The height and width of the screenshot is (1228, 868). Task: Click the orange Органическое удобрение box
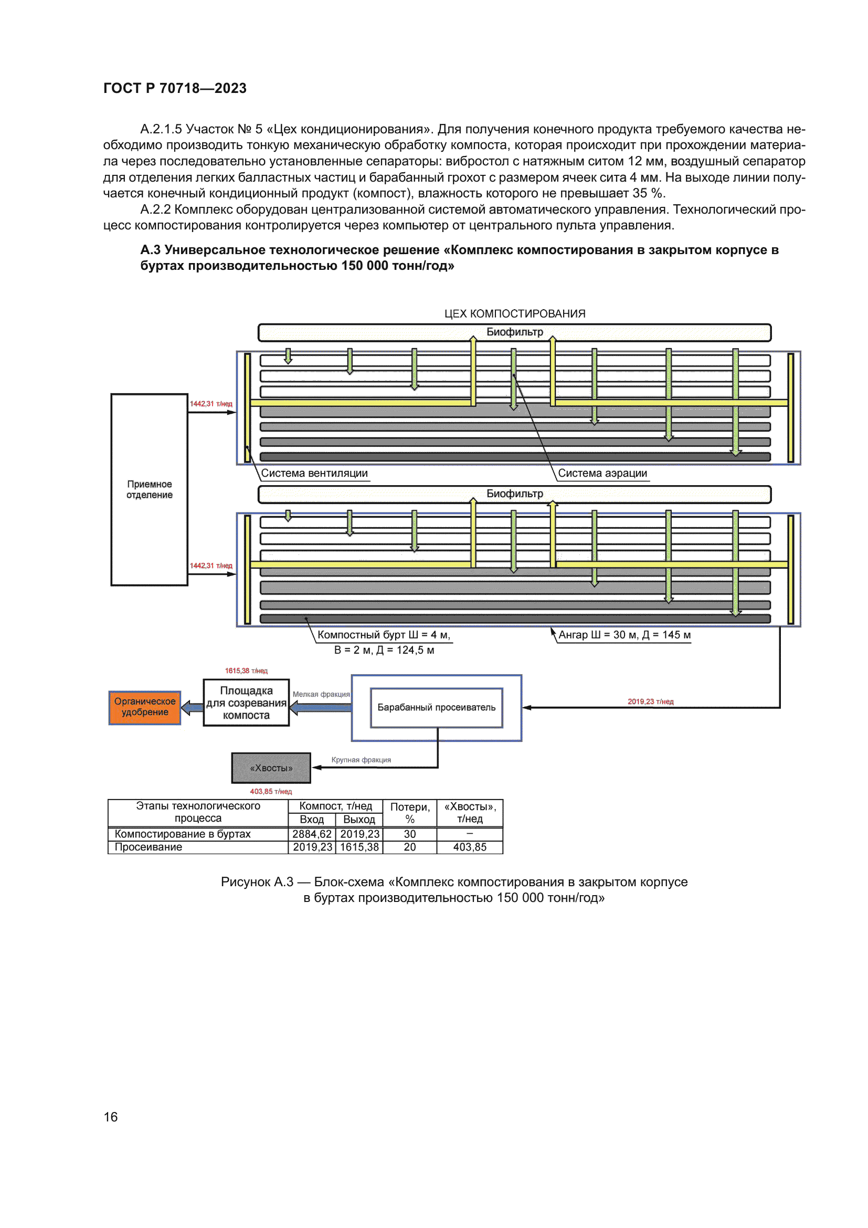coord(144,707)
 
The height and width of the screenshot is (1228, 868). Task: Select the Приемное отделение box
coord(149,489)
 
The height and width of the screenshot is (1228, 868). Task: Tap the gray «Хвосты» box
coord(271,768)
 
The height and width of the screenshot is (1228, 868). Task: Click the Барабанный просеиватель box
coord(436,707)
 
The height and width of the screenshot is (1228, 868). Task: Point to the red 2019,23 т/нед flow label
coord(650,701)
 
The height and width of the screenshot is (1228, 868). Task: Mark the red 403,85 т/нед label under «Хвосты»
coord(271,791)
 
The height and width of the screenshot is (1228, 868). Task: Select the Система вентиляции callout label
coord(314,474)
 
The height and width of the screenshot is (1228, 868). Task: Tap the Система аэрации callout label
coord(602,474)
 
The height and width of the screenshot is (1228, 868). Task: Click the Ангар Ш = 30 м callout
coord(624,635)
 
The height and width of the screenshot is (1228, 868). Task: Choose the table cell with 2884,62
coord(312,834)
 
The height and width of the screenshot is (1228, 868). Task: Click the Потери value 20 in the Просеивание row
coord(410,847)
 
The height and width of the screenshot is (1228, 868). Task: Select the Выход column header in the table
coord(359,820)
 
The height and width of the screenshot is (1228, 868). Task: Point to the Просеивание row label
coord(149,847)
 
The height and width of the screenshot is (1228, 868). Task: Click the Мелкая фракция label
coord(321,694)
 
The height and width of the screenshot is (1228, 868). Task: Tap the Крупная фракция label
coord(361,760)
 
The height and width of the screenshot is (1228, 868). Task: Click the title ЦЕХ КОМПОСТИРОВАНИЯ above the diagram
coord(515,313)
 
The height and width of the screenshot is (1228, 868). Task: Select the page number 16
coord(111,1117)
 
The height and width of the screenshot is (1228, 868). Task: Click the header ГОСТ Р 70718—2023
coord(175,88)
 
